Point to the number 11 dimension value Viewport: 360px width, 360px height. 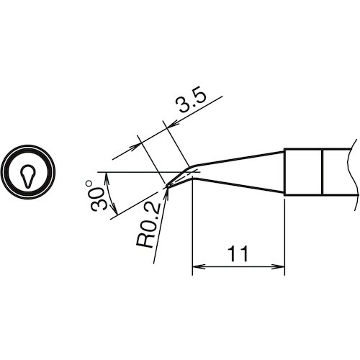point(238,254)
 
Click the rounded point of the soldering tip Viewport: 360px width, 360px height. point(168,188)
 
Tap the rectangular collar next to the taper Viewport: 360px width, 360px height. point(302,172)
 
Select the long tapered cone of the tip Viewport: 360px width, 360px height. point(238,172)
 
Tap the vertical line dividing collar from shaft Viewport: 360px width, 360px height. point(321,172)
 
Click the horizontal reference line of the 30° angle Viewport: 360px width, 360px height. point(133,173)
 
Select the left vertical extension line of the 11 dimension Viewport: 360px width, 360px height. point(192,230)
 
